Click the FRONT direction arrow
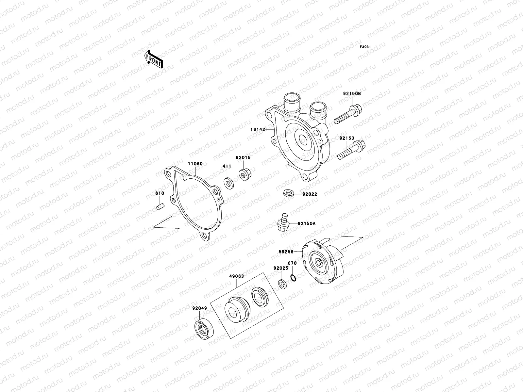pos(153,59)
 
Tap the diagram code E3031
pos(365,47)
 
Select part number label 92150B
pos(352,93)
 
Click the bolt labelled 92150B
pos(348,114)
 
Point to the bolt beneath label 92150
pos(351,150)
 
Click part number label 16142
pos(258,129)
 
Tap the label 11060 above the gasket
pos(195,164)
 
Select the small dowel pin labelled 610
pos(160,206)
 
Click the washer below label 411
pos(229,183)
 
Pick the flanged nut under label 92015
pos(245,175)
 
